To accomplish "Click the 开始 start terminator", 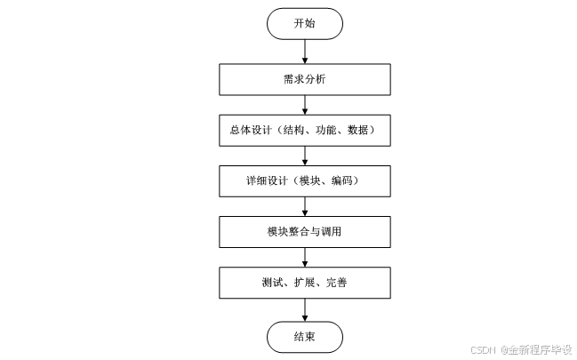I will click(304, 24).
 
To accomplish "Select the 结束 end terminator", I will click(304, 336).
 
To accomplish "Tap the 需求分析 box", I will click(304, 79).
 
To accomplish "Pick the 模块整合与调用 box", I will click(304, 233).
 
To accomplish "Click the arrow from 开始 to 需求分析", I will click(304, 51).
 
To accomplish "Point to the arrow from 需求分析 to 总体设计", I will click(304, 104).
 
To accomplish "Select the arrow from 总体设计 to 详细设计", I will click(304, 156).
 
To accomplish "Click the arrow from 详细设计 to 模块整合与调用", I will click(304, 206).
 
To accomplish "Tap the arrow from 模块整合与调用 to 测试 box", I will click(304, 258).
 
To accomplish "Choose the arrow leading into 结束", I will click(304, 309).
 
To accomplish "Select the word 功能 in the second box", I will click(324, 131).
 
